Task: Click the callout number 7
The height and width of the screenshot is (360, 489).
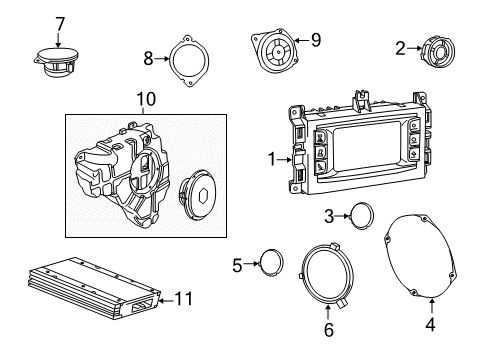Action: click(59, 23)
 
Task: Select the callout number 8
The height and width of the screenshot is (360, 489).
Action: click(150, 58)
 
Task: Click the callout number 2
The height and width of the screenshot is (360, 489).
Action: click(400, 47)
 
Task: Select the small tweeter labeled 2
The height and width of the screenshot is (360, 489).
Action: click(436, 50)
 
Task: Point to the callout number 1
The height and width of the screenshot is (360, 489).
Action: click(269, 159)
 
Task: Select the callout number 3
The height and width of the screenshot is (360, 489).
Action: click(329, 215)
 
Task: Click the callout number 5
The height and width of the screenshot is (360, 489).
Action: click(237, 266)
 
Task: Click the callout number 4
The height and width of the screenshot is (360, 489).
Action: click(432, 324)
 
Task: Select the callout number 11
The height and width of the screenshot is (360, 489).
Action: click(181, 299)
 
